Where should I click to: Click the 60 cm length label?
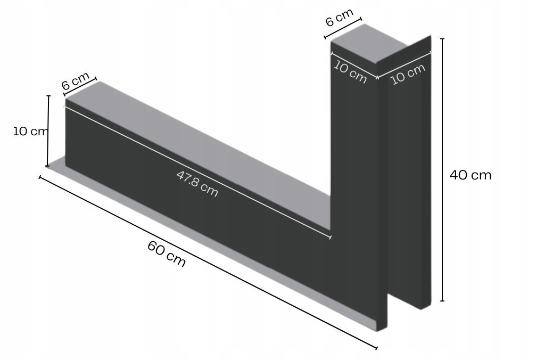[167, 254]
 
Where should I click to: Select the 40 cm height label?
[471, 175]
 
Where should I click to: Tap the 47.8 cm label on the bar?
[197, 184]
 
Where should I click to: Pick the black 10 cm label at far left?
[30, 131]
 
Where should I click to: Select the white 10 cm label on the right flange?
[408, 74]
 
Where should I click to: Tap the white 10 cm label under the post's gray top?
[350, 72]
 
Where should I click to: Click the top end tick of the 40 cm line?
[442, 39]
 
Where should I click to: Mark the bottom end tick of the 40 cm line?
[442, 301]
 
